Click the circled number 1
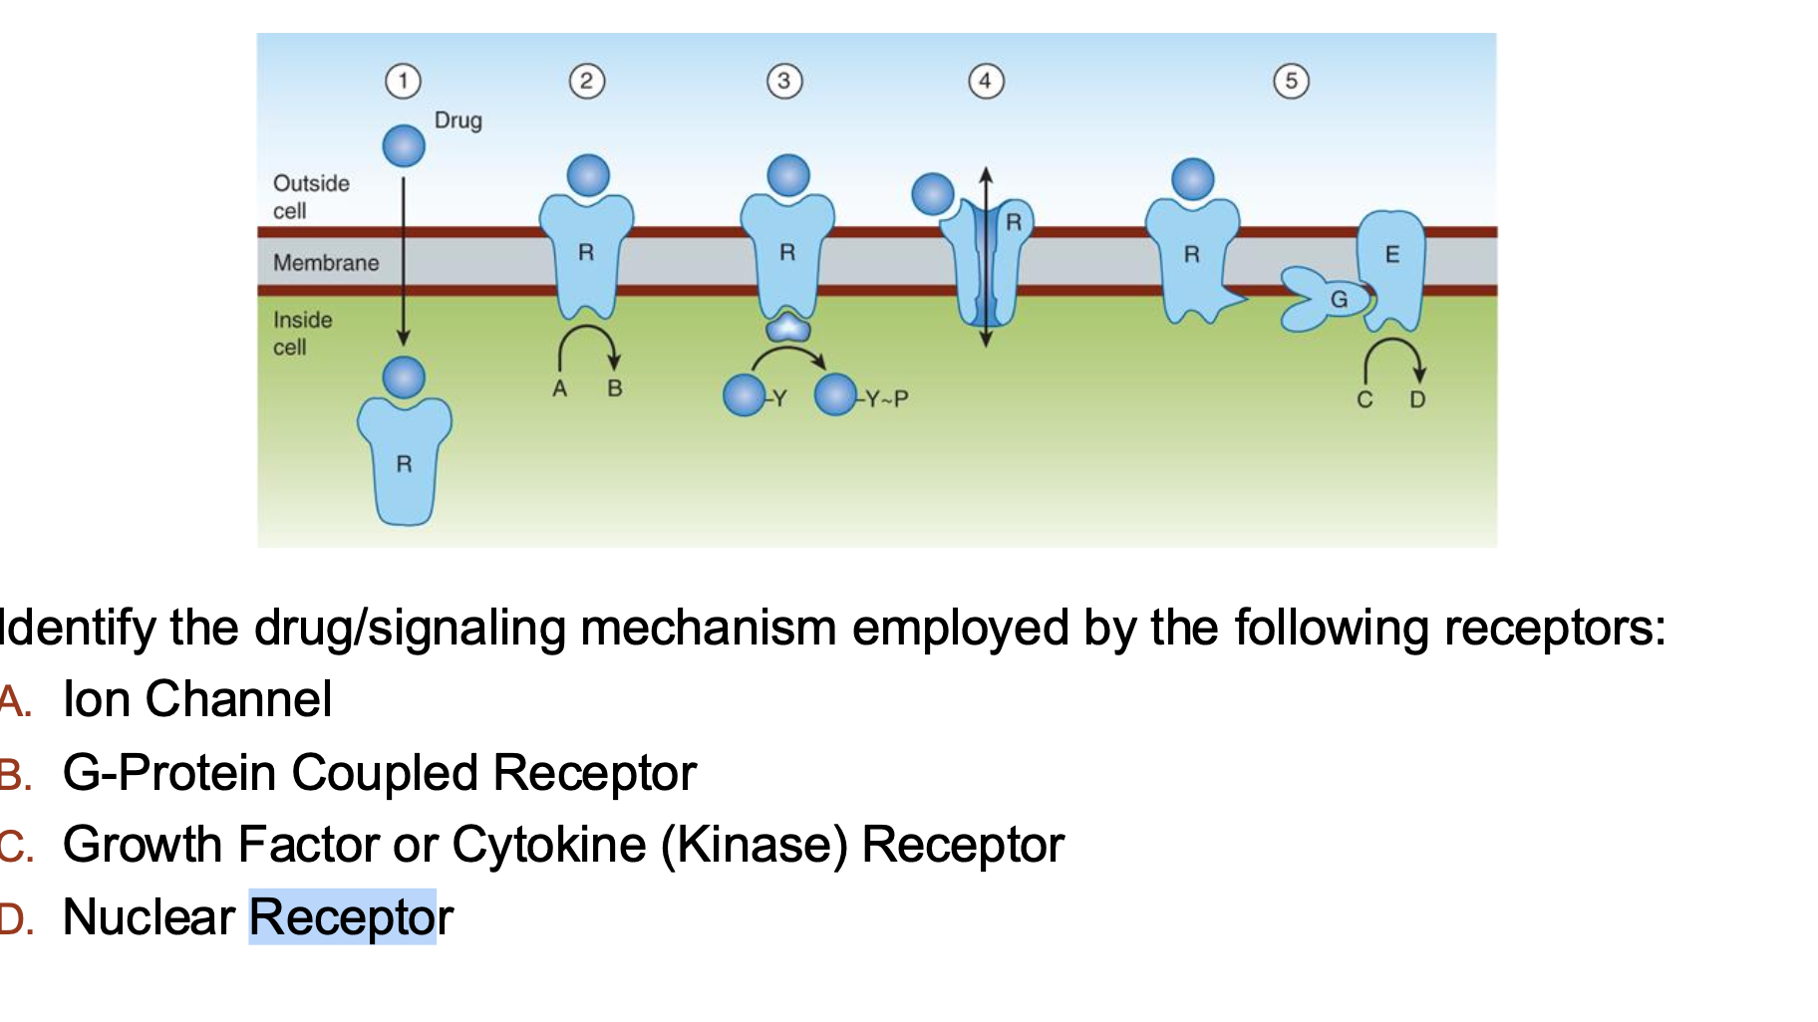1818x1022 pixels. (403, 81)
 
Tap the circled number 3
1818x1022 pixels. (784, 81)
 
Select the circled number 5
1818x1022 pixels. (1291, 81)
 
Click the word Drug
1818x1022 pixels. (457, 121)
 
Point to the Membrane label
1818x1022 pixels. (326, 263)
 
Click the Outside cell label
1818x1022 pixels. (310, 197)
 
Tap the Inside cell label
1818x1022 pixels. (302, 334)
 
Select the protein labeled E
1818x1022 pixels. (1391, 265)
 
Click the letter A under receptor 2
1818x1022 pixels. (560, 389)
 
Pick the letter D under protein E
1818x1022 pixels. (1417, 400)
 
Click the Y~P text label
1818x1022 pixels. (886, 399)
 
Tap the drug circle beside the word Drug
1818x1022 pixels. (404, 146)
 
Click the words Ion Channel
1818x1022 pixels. (196, 699)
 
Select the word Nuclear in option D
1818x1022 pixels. (149, 917)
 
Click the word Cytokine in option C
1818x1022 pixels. (549, 845)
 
